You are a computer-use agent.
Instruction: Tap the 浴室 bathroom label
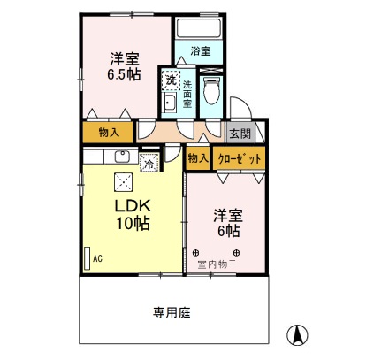click(x=201, y=51)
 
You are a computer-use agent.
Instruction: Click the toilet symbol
click(x=211, y=89)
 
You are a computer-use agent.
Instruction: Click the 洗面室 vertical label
click(x=187, y=95)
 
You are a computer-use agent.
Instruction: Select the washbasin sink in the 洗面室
click(x=170, y=104)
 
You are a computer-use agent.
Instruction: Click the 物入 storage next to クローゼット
click(x=198, y=158)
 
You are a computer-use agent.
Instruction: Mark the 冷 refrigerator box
click(x=149, y=163)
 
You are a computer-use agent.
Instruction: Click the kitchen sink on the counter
click(x=123, y=158)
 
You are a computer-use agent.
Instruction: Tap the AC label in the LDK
click(x=97, y=259)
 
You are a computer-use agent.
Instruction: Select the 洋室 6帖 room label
click(x=226, y=222)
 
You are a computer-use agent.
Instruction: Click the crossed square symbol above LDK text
click(x=123, y=182)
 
